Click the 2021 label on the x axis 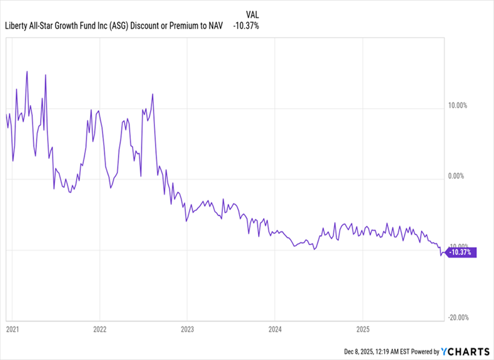point(12,330)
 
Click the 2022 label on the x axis point(100,330)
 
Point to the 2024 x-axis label point(275,330)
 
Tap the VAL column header point(252,13)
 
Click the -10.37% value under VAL point(247,25)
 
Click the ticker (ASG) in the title point(117,25)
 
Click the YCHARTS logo point(464,351)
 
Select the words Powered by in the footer point(424,351)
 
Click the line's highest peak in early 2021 point(27,72)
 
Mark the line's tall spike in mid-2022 point(152,94)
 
